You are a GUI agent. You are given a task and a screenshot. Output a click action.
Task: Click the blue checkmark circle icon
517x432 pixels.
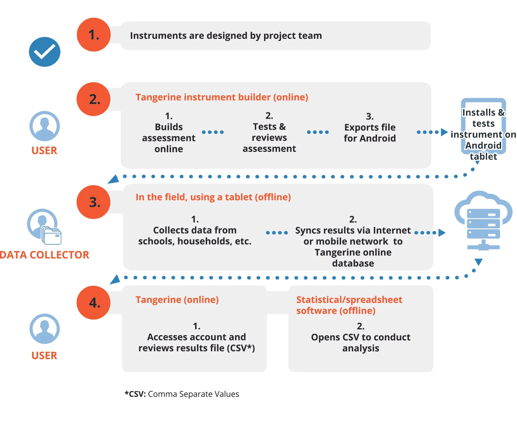pos(45,52)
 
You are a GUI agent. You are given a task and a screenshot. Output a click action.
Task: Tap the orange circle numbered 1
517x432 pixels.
pos(93,35)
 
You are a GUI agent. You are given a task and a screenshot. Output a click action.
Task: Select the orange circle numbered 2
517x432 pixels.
pos(93,99)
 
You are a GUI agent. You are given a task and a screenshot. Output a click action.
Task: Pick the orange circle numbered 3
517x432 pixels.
pos(93,202)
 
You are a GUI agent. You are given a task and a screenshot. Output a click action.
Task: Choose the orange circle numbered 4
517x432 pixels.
pos(93,303)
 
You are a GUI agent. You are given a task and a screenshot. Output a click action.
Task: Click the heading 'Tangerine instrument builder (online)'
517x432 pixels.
pos(222,97)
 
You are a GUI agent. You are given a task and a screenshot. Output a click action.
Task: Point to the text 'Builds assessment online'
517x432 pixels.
pos(169,138)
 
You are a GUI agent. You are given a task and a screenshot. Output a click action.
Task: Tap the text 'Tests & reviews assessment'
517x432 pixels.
pos(269,137)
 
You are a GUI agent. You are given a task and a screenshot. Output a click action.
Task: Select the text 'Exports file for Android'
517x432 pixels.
pos(370,133)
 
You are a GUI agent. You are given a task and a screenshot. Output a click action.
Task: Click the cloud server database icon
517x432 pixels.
pos(483,221)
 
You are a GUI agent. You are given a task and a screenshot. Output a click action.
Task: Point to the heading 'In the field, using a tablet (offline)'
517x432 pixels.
pos(213,197)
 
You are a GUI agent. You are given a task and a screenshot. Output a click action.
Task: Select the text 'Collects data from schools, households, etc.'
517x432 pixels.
pos(195,236)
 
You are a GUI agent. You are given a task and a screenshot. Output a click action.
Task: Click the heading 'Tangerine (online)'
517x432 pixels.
pos(177,300)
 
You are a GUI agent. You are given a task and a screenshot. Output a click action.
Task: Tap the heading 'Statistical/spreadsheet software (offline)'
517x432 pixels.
pos(349,305)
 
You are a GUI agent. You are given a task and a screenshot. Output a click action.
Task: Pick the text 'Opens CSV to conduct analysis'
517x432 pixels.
pos(360,343)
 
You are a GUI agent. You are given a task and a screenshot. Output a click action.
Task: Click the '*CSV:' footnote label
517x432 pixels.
pos(135,394)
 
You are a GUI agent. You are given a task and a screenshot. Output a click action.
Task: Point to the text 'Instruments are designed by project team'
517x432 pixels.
pos(226,36)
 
